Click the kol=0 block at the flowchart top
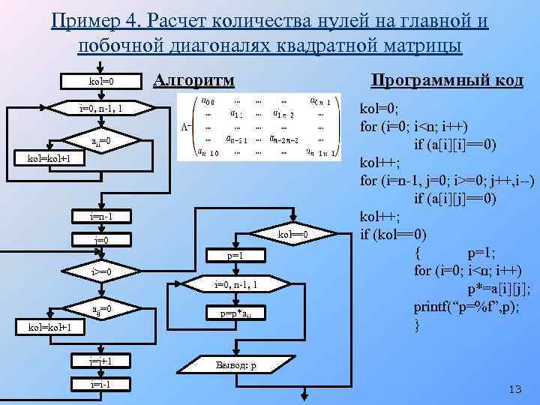[100, 81]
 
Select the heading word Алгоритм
[193, 80]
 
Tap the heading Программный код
[448, 80]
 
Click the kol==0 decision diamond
[292, 236]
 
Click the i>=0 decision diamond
[101, 271]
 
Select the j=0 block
[101, 240]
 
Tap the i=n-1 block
[101, 217]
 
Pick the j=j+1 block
[101, 361]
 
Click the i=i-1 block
[101, 384]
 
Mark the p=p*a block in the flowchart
[235, 313]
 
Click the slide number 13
[514, 388]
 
